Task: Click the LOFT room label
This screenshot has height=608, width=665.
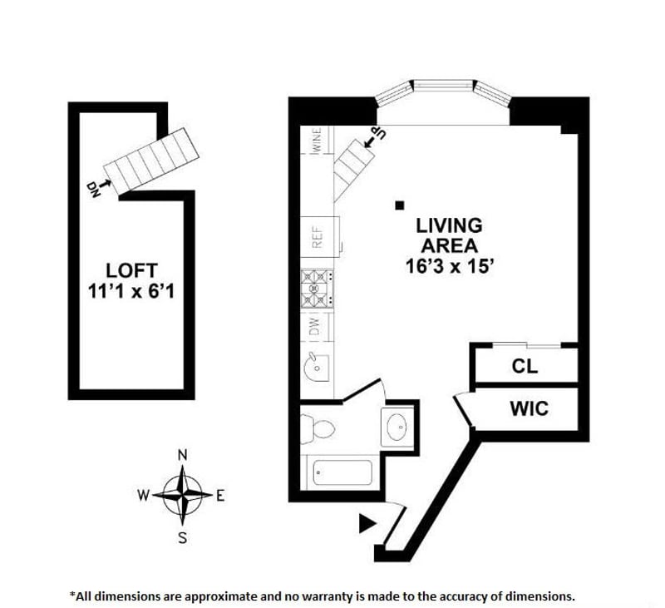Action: (x=131, y=270)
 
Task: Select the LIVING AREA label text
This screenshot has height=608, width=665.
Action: (x=449, y=235)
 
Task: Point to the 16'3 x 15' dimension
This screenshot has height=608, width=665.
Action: (x=449, y=267)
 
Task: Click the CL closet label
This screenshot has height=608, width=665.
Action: (x=525, y=366)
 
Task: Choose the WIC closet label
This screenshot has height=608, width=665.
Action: (x=529, y=408)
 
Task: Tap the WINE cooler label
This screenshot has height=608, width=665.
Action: (x=316, y=140)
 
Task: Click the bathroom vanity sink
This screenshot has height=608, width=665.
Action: (x=397, y=428)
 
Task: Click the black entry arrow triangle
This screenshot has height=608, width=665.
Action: (x=366, y=524)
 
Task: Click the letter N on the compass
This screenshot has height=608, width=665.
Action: (x=183, y=454)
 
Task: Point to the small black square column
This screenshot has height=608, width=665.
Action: (x=400, y=204)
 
